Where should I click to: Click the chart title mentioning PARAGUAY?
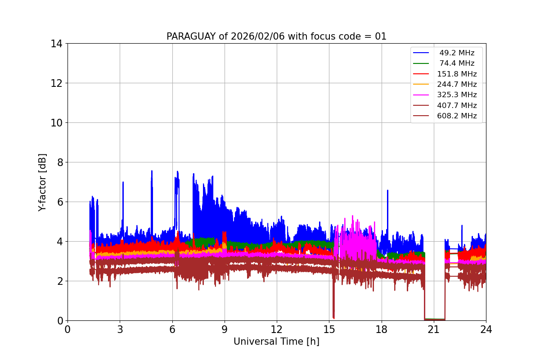pos(276,36)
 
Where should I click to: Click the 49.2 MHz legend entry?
pos(457,53)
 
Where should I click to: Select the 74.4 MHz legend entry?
pos(457,63)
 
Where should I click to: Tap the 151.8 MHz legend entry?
pos(457,74)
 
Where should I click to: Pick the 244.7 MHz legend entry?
pos(457,84)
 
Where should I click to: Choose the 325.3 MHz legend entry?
pos(457,95)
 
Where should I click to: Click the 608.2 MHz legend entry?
pos(457,116)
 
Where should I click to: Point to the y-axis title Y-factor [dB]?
pos(42,182)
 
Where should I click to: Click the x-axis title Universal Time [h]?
pos(276,342)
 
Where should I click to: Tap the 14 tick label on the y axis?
pos(57,44)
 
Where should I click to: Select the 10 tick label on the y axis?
pos(57,123)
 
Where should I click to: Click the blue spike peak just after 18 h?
pos(387,190)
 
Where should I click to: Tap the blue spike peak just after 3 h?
pos(123,182)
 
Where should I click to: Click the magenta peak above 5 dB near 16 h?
pos(352,216)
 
